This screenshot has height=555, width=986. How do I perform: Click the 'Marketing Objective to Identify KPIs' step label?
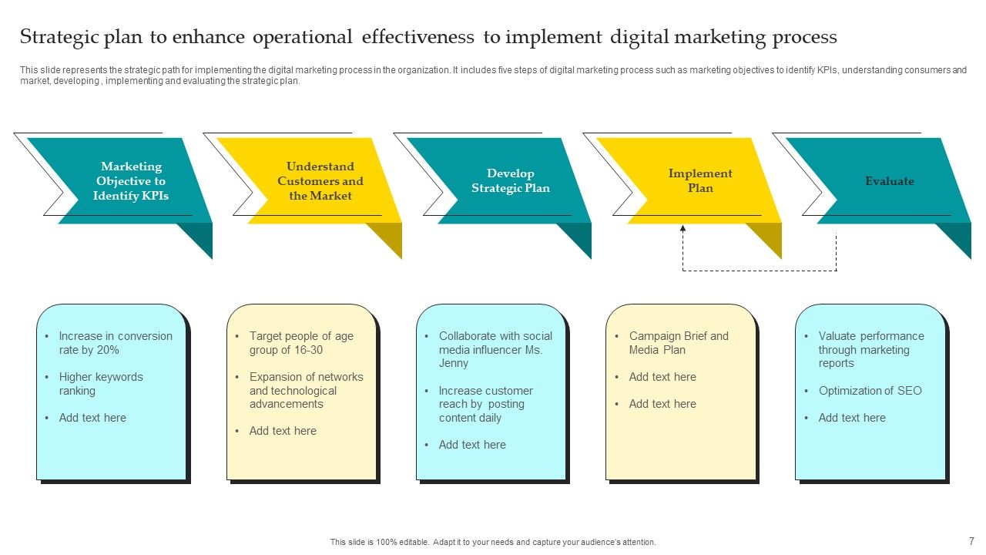tap(131, 181)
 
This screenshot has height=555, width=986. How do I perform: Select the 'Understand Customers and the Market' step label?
tap(320, 181)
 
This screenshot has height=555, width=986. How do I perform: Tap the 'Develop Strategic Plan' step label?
tap(511, 181)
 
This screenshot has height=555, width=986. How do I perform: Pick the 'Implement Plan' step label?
tap(700, 181)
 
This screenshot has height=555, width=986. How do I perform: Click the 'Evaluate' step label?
tap(890, 181)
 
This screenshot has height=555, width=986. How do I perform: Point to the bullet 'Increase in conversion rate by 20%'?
tap(116, 343)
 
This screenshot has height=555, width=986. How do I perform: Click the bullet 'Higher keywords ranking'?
tap(101, 384)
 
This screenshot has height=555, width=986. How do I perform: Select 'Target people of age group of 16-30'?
tap(301, 343)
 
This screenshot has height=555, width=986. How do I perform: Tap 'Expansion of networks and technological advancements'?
tap(306, 391)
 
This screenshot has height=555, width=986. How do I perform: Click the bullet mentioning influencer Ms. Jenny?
tap(495, 350)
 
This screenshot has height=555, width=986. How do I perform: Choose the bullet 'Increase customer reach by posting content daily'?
tap(485, 405)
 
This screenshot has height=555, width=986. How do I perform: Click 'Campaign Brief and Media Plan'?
tap(679, 343)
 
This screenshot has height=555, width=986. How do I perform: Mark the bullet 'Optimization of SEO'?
tap(870, 391)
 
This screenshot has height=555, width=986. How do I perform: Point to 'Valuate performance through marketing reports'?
tap(871, 350)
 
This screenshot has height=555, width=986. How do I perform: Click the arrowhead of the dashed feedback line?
tap(682, 229)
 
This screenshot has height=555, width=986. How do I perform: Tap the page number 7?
tap(971, 541)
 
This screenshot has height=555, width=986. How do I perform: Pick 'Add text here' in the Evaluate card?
tap(852, 418)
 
